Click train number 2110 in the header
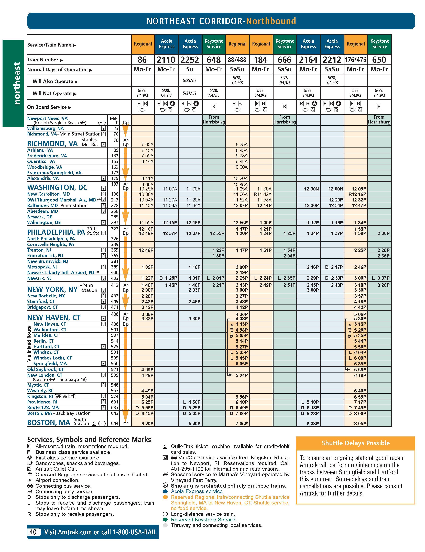tap(166, 60)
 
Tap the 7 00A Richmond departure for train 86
tap(147, 145)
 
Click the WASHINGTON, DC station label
tap(57, 188)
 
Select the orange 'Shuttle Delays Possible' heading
tap(355, 443)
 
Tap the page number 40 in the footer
tap(33, 532)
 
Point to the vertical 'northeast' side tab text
tap(17, 83)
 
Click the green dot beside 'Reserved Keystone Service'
tap(165, 520)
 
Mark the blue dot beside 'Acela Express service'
tap(165, 491)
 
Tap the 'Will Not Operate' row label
tap(52, 94)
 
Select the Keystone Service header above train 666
tap(285, 44)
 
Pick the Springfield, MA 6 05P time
tap(242, 364)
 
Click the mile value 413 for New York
tap(115, 285)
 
